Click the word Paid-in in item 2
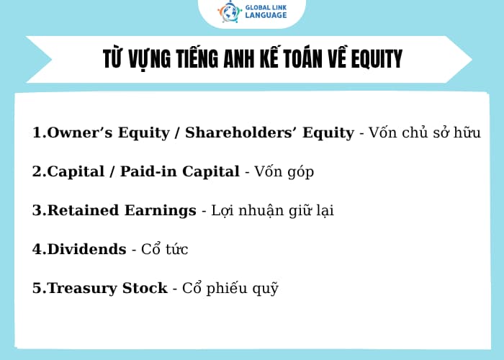[150, 171]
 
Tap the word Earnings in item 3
[163, 210]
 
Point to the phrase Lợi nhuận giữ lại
[273, 210]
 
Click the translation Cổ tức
[166, 249]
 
